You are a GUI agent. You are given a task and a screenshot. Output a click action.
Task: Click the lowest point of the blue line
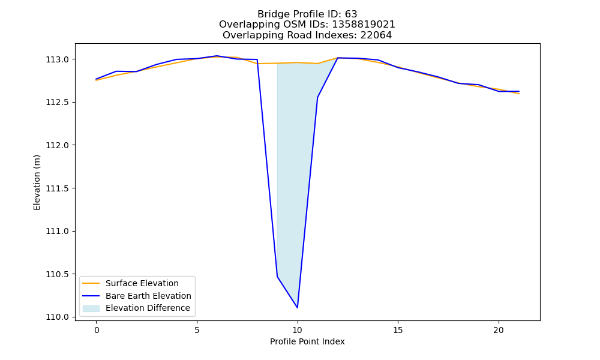pos(298,308)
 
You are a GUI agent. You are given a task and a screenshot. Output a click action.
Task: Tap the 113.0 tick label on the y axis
pos(58,59)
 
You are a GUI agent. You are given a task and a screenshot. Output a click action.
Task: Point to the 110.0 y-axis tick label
pos(58,317)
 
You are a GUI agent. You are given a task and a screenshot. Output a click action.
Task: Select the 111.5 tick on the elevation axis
pos(58,188)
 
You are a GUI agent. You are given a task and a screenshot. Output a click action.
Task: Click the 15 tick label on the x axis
pos(398,330)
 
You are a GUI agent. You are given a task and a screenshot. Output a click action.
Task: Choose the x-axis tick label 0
pos(97,330)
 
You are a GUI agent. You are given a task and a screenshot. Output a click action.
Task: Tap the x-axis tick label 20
pos(499,330)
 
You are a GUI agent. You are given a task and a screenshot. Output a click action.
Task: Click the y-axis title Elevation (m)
pos(37,182)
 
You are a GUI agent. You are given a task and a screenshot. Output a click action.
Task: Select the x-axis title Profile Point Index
pos(307,341)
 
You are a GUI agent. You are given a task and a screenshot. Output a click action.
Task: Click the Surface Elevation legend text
pos(142,283)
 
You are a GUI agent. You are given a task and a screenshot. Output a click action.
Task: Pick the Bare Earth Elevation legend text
pos(148,296)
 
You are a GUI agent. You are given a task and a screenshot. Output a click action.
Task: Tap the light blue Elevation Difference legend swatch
pos(91,308)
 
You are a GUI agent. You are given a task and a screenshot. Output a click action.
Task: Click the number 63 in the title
pos(351,14)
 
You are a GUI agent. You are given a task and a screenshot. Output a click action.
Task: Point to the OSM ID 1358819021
pos(364,25)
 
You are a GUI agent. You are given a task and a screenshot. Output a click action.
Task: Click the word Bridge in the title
pos(271,14)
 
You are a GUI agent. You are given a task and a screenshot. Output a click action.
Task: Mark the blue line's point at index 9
pos(277,277)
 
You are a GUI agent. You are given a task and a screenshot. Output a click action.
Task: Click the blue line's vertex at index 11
pos(317,98)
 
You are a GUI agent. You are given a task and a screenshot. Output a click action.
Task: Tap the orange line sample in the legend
pos(91,283)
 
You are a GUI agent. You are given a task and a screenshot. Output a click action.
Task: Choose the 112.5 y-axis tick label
pos(58,102)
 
